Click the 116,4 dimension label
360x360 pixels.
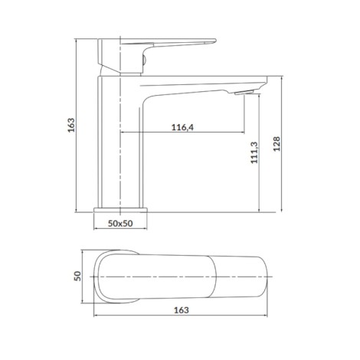[x=182, y=127]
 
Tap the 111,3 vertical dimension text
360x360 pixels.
[x=254, y=152]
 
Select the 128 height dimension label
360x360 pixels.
[x=277, y=144]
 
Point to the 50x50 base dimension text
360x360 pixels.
[x=120, y=224]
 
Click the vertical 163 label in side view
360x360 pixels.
[x=71, y=125]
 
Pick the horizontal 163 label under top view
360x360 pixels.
[x=182, y=310]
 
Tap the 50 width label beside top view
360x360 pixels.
[x=77, y=276]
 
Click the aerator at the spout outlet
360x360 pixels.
[x=244, y=92]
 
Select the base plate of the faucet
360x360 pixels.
[x=120, y=210]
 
